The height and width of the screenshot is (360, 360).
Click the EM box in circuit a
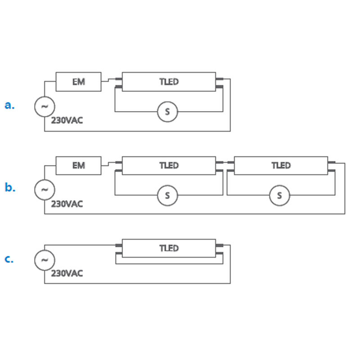click(x=78, y=81)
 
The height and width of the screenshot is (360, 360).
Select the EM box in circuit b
click(x=78, y=165)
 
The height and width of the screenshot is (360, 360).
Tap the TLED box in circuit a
click(x=168, y=81)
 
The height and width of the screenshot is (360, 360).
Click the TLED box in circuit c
click(x=168, y=248)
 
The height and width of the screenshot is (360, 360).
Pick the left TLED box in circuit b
click(x=168, y=165)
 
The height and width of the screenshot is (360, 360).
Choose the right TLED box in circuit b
click(x=281, y=165)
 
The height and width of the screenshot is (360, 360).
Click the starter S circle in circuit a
click(x=167, y=112)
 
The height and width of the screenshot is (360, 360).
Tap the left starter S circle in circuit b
click(x=167, y=195)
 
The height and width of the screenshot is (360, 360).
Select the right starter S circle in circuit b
click(x=280, y=195)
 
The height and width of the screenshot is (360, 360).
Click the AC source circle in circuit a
click(x=45, y=107)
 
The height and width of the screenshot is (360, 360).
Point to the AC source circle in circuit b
click(x=45, y=189)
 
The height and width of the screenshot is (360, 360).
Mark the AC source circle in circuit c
click(x=45, y=260)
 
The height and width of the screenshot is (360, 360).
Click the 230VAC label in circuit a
click(x=67, y=121)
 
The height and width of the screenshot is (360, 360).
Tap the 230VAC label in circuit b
click(x=67, y=204)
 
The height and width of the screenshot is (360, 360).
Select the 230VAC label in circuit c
click(x=67, y=273)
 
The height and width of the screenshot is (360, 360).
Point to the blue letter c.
click(x=9, y=259)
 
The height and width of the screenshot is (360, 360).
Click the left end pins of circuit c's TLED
click(x=119, y=249)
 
